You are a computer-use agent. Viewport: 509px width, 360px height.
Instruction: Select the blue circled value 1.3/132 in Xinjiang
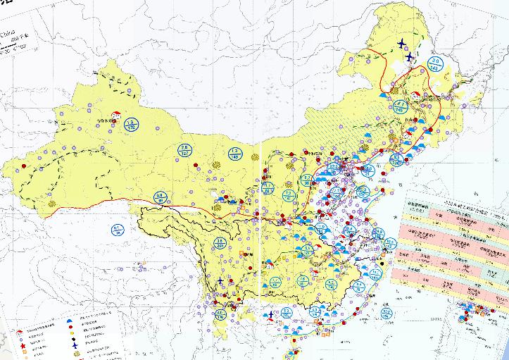[130, 125]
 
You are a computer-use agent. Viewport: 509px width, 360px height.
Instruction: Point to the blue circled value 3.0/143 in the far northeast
[434, 64]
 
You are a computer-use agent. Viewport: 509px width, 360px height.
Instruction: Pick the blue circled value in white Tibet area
[118, 228]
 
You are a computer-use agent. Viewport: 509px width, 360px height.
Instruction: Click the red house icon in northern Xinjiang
[117, 114]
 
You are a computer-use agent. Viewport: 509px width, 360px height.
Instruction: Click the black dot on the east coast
[382, 263]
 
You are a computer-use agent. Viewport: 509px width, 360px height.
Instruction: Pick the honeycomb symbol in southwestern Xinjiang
[51, 203]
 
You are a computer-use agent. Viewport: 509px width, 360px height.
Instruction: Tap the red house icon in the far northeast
[416, 95]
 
